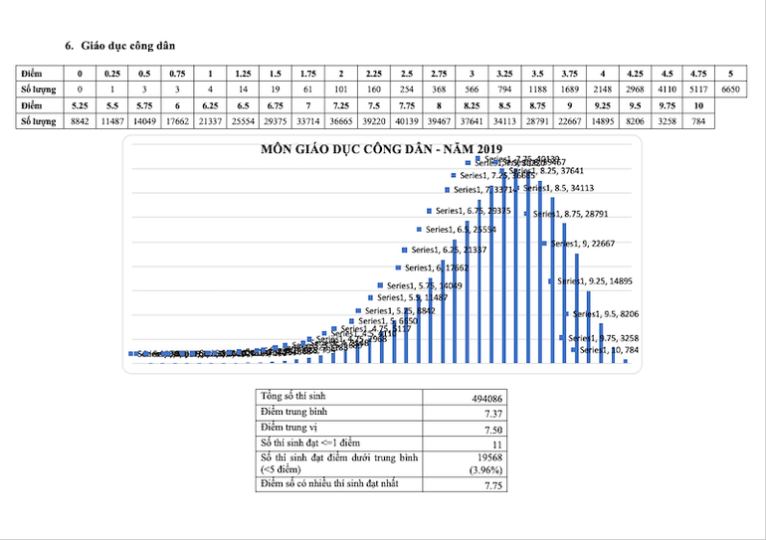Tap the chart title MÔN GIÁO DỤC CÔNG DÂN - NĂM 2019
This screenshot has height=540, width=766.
pyautogui.click(x=366, y=150)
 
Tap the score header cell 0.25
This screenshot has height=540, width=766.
pyautogui.click(x=112, y=74)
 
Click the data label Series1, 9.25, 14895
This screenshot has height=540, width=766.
pyautogui.click(x=594, y=281)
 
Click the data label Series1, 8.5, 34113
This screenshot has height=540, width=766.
pyautogui.click(x=559, y=186)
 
